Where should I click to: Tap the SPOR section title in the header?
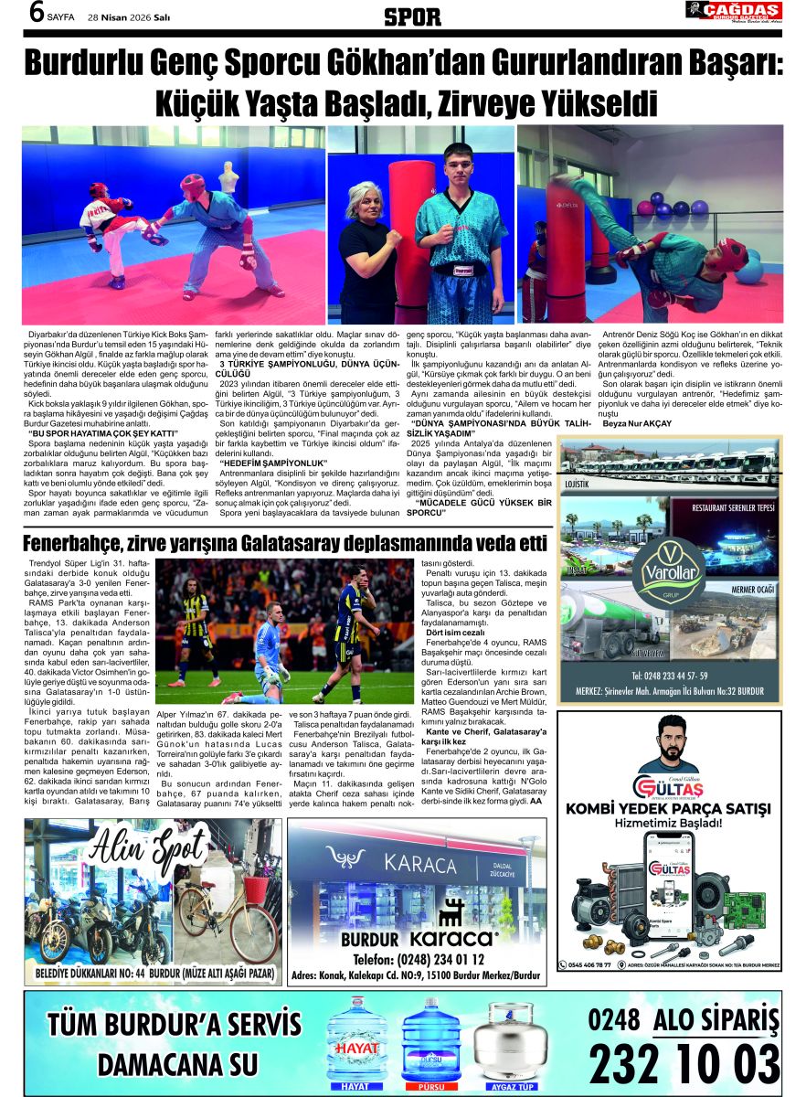pos(412,16)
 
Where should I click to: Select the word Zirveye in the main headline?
pos(481,100)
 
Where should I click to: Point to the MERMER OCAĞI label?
pos(751,590)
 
